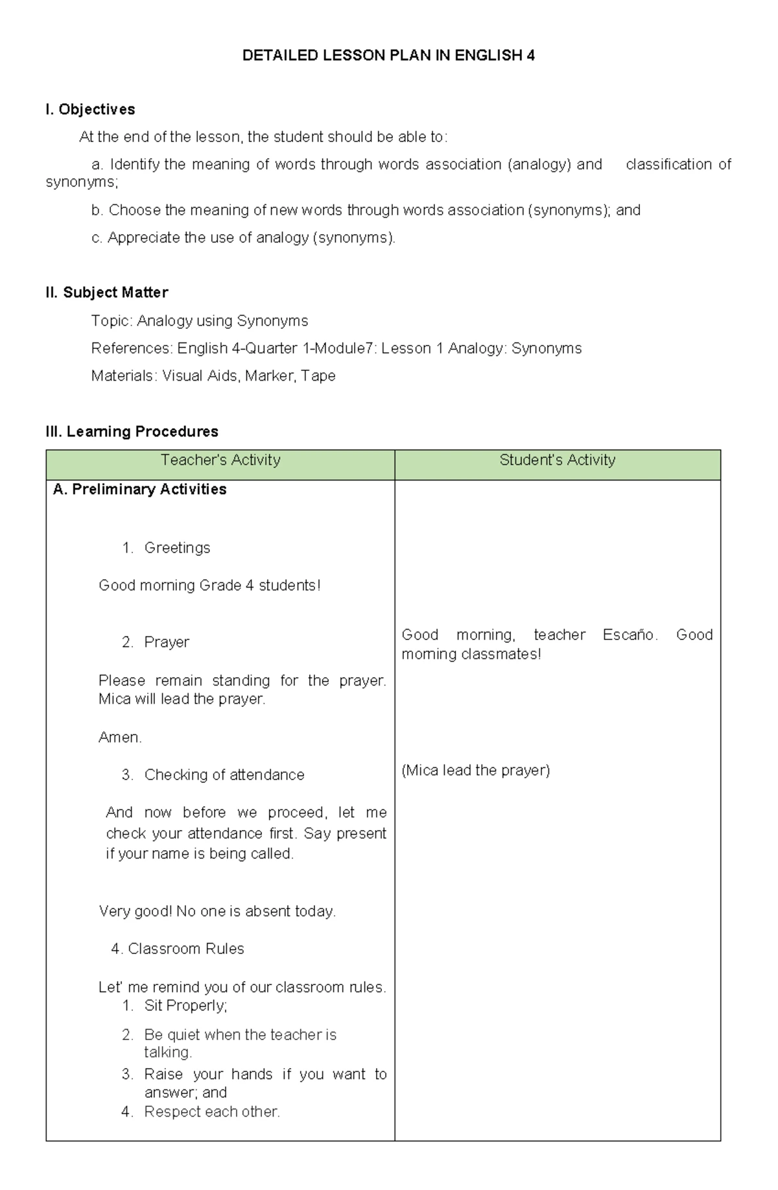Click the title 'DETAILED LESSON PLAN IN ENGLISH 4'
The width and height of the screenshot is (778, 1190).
[x=388, y=56]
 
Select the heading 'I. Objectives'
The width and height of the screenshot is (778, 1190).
[x=90, y=110]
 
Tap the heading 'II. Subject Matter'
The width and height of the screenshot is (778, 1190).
[x=107, y=292]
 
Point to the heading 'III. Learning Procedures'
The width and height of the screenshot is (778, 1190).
[x=132, y=431]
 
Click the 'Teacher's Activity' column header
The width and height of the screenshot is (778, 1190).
[x=220, y=460]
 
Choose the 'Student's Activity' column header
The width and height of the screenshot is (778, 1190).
[x=557, y=460]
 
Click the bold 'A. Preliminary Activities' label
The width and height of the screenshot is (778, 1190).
[x=139, y=490]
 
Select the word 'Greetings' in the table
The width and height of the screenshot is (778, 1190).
[x=177, y=548]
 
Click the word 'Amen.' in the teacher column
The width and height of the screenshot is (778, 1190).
[x=120, y=737]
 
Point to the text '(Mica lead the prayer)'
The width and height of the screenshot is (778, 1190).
[x=475, y=770]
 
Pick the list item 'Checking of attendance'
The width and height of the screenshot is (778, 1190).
[x=224, y=775]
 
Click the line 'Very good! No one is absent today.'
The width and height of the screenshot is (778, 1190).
[x=217, y=912]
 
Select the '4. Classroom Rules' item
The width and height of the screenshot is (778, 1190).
[x=178, y=949]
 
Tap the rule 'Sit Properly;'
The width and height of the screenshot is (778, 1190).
[x=185, y=1006]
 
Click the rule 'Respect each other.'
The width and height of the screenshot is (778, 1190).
[x=212, y=1112]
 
